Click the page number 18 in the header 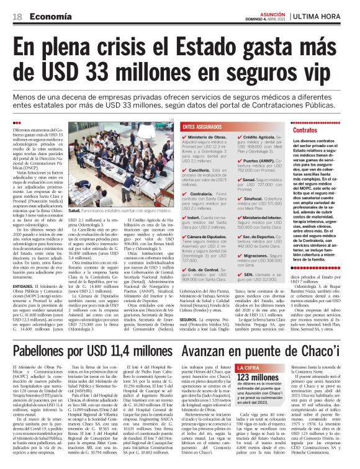[x=17, y=16]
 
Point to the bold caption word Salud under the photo [x=76, y=211]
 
